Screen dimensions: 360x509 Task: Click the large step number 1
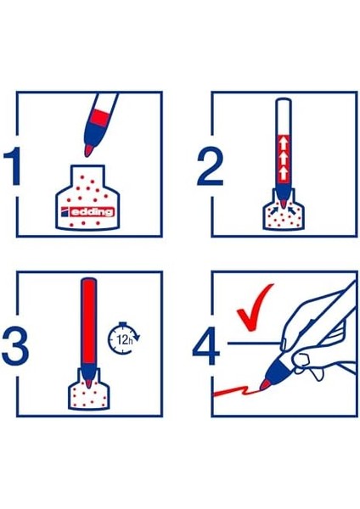click(13, 166)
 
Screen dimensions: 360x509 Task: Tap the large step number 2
click(210, 167)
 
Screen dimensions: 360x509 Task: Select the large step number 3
click(15, 346)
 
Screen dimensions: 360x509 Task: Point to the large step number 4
click(205, 346)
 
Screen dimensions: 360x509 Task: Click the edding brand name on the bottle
click(93, 212)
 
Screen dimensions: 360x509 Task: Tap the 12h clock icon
click(123, 338)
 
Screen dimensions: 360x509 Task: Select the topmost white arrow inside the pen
click(284, 143)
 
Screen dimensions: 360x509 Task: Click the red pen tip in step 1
click(89, 151)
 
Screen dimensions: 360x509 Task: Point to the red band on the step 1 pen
click(99, 118)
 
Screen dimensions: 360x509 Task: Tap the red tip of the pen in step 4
click(265, 385)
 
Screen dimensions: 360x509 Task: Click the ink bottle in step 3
click(88, 389)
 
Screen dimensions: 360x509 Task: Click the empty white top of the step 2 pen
click(284, 116)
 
